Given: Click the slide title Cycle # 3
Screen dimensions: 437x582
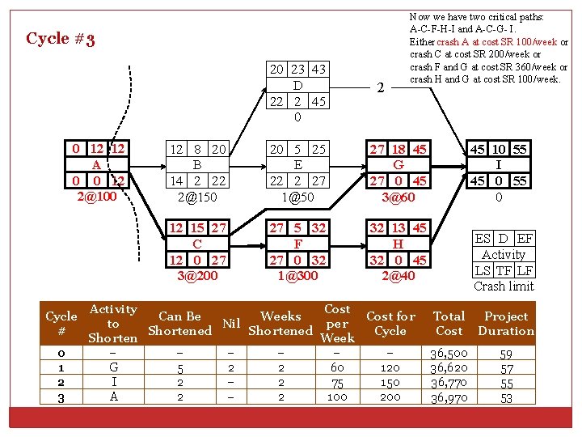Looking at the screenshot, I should [x=61, y=39].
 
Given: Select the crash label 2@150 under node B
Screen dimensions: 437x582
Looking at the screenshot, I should [x=198, y=196].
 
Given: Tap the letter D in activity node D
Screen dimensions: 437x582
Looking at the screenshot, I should [x=297, y=85].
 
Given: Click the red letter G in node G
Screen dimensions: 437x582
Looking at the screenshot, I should [x=398, y=164].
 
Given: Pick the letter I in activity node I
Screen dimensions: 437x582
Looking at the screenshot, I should [x=499, y=164].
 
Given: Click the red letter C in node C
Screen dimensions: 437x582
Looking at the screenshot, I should [x=198, y=244].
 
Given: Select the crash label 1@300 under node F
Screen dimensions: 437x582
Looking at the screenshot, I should [x=297, y=275].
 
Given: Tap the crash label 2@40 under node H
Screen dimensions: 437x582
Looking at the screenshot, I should [x=398, y=275].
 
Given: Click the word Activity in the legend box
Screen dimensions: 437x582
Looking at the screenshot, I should [x=504, y=254].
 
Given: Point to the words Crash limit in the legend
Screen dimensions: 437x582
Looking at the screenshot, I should [x=504, y=286].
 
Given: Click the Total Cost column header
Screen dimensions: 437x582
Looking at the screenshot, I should [x=449, y=323].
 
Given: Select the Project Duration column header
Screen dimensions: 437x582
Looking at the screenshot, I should [x=506, y=323].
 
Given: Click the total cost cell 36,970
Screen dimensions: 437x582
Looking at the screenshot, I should [x=449, y=397].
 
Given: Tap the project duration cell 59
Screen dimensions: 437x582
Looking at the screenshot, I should [x=506, y=354].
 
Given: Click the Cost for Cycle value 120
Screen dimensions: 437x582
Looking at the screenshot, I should [x=390, y=368].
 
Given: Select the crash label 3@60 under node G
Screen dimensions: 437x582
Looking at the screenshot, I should [x=398, y=196].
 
